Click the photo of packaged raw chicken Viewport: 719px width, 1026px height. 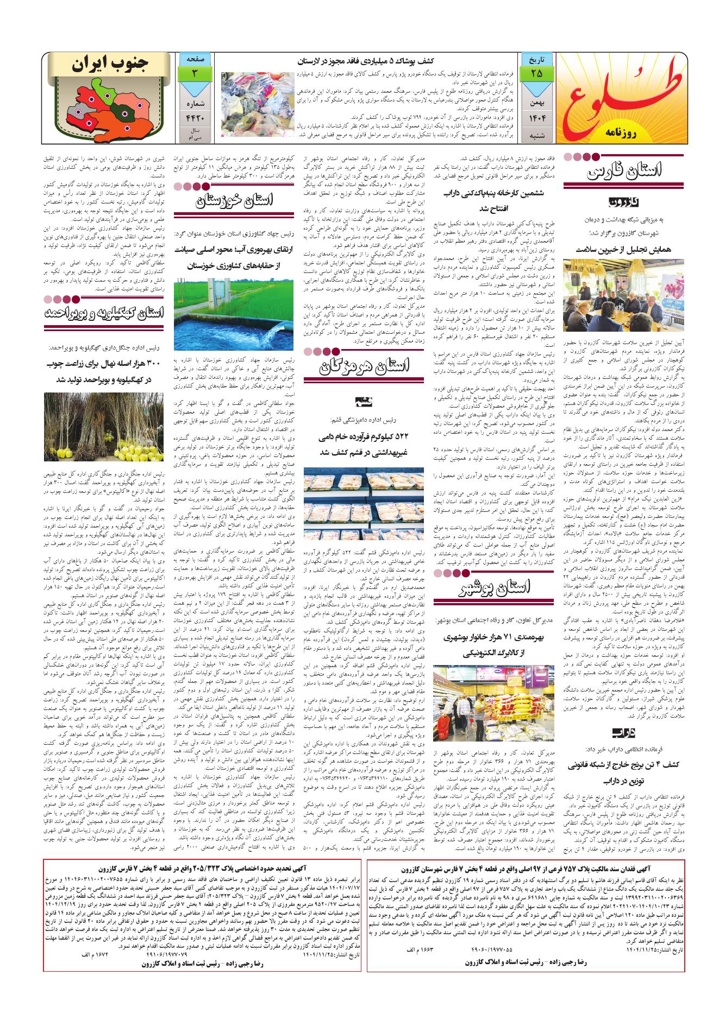[363, 498]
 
